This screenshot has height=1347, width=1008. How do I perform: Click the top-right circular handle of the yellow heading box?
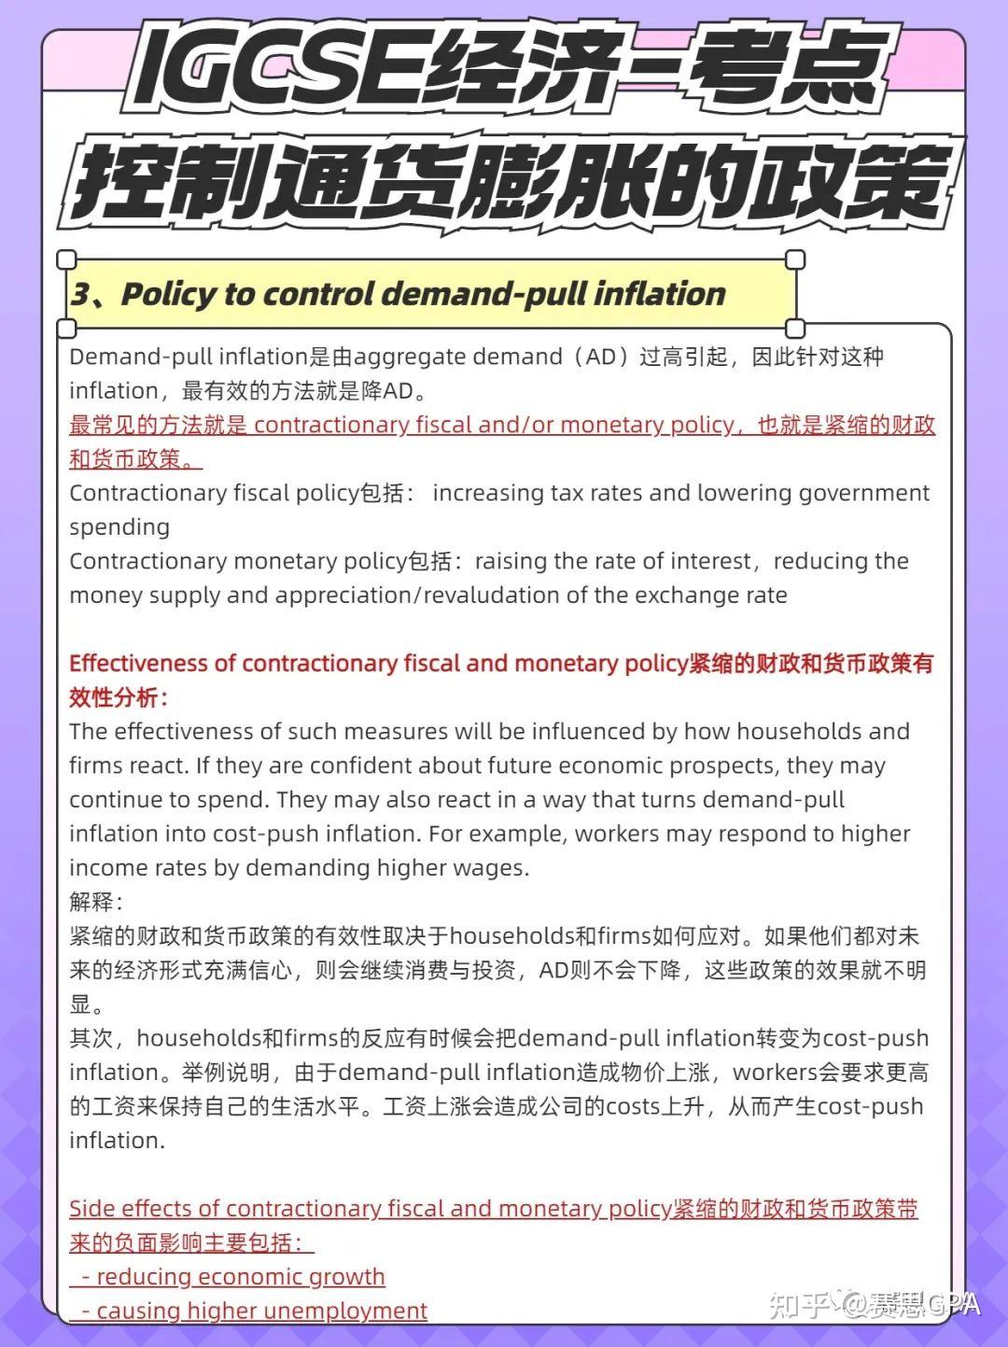795,260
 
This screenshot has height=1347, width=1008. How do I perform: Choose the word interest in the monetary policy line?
711,561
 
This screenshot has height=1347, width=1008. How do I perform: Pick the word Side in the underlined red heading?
91,1209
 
